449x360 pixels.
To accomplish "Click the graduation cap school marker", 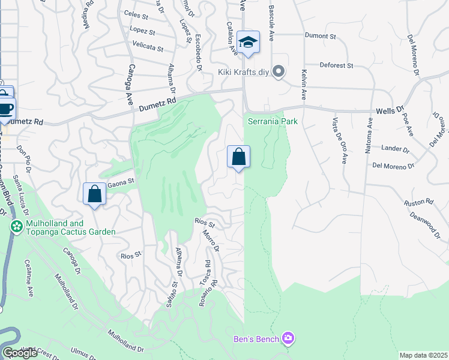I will point(248,43).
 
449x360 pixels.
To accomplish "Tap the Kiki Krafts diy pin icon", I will point(278,72).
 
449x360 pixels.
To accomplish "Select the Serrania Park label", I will point(273,121).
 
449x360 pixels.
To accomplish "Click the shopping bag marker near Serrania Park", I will point(238,157).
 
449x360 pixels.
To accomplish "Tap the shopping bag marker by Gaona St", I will point(95,194).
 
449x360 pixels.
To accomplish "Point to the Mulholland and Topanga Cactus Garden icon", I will point(16,227).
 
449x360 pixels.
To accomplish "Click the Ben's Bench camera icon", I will point(289,340).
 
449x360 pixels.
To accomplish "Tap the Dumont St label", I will point(320,37).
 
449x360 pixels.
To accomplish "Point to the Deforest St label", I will point(335,65).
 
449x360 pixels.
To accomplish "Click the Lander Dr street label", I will point(395,147).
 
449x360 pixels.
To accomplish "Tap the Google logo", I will point(20,353).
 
